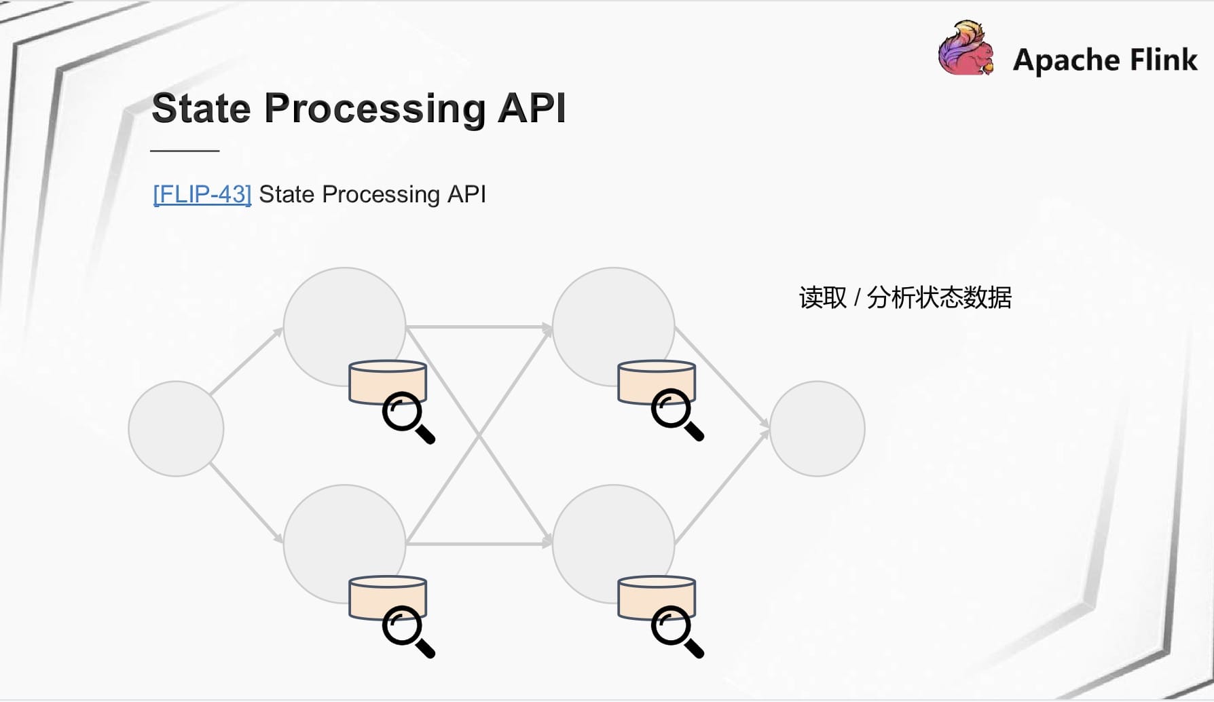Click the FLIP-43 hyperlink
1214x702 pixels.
[202, 195]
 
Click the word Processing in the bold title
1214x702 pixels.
[375, 109]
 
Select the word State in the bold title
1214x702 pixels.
[202, 108]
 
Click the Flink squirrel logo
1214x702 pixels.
[966, 48]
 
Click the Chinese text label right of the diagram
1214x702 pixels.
[905, 297]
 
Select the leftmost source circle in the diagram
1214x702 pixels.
[176, 428]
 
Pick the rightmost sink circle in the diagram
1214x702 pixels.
[817, 428]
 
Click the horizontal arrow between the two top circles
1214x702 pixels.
[479, 327]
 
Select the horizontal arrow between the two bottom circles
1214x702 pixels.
[479, 544]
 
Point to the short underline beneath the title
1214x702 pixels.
[185, 151]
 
